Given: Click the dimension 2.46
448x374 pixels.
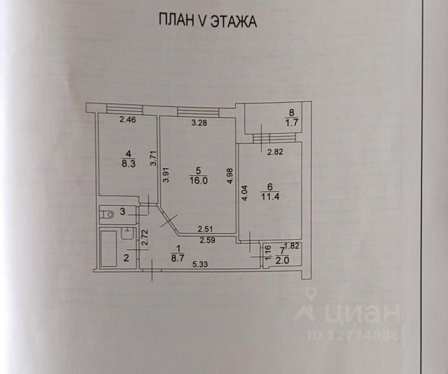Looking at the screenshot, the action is (x=127, y=120).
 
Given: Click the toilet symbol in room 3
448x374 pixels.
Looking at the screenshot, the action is (x=108, y=213).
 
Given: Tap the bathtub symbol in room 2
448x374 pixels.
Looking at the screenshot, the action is (x=109, y=249).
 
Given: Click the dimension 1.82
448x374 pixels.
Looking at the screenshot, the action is (x=291, y=245).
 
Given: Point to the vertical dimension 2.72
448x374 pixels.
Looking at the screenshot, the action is (x=145, y=240).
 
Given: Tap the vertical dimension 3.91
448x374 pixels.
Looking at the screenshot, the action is (x=166, y=174).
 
